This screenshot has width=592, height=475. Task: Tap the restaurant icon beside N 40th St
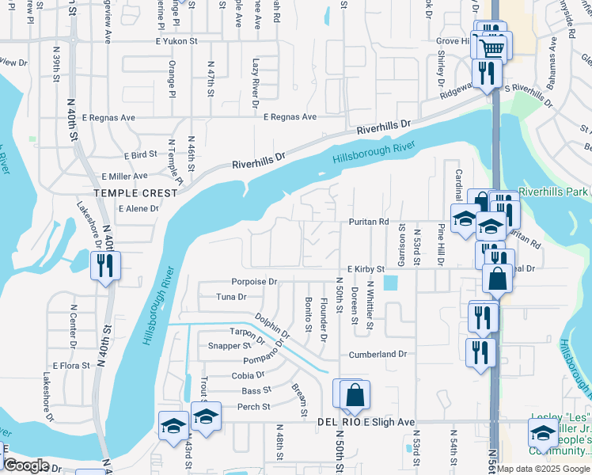click(103, 267)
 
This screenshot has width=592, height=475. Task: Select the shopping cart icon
click(493, 47)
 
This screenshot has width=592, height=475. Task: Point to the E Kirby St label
click(365, 269)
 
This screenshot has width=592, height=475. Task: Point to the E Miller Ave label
click(124, 176)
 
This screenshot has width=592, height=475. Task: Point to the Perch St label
click(255, 407)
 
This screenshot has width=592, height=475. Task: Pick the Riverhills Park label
click(554, 192)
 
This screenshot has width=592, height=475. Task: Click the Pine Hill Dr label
click(441, 244)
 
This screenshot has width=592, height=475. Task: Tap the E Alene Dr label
click(138, 209)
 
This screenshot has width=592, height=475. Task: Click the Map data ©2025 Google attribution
click(543, 469)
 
